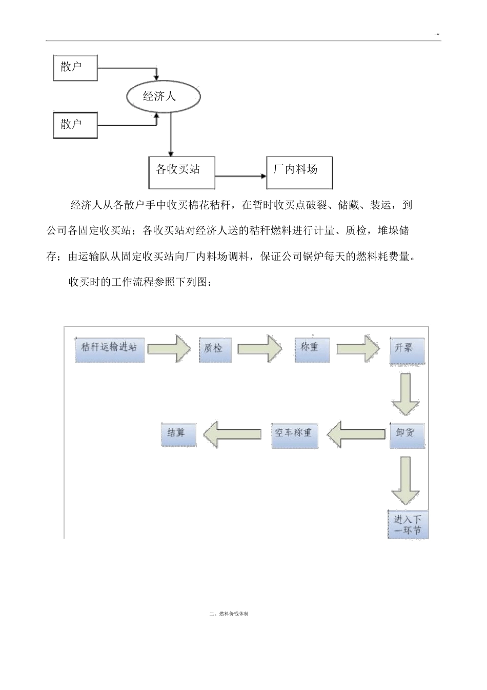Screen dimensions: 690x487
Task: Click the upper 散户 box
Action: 75,68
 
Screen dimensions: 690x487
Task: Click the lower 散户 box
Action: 75,125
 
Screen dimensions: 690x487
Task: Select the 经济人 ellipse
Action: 163,96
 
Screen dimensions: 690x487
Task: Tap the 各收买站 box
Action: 181,172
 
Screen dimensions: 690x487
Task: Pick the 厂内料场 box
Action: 299,172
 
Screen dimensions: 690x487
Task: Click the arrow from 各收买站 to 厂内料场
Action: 240,176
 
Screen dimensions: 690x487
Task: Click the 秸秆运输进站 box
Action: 110,349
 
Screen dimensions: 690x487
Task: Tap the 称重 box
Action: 312,349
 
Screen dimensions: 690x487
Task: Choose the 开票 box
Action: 407,350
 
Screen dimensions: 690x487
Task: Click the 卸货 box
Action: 407,435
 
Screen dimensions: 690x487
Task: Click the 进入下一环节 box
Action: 408,524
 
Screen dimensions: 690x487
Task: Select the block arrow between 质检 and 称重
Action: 260,348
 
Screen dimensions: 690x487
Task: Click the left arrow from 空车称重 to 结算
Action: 232,434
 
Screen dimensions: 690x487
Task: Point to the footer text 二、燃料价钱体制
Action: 229,614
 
